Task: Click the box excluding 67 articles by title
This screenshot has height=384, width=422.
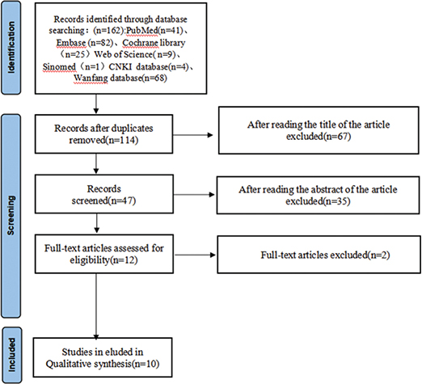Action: (x=314, y=133)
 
